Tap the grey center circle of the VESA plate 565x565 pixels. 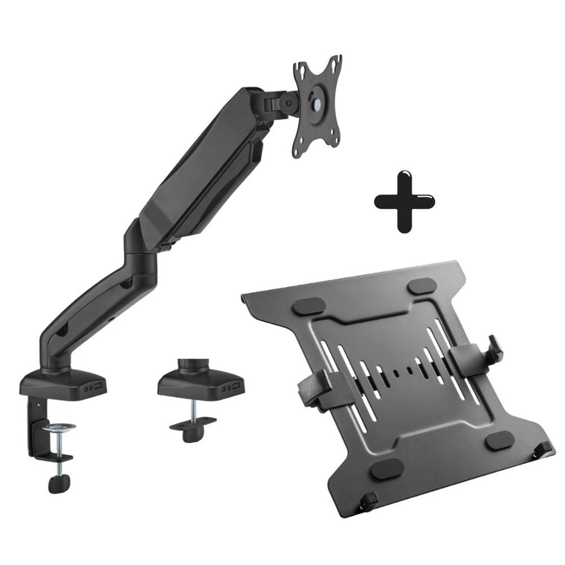(315, 105)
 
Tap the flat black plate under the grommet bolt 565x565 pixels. (193, 425)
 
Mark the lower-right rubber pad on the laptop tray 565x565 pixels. (499, 440)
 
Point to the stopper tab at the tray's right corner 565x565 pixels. (545, 449)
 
